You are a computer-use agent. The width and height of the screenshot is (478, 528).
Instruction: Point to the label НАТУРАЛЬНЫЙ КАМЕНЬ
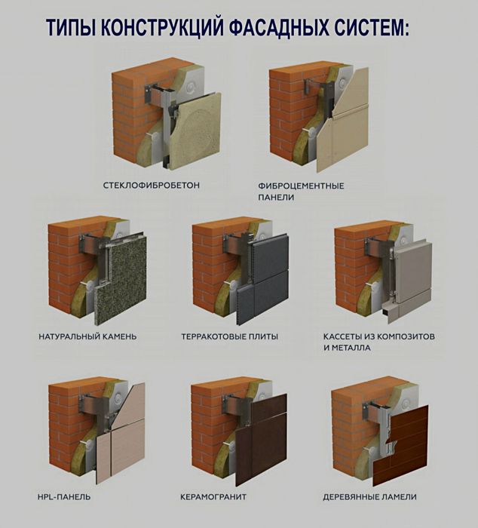point(87,336)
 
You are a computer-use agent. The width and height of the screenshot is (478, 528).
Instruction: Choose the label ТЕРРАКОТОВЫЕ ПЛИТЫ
point(229,336)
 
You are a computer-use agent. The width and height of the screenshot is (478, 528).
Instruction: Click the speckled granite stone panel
point(121,279)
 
